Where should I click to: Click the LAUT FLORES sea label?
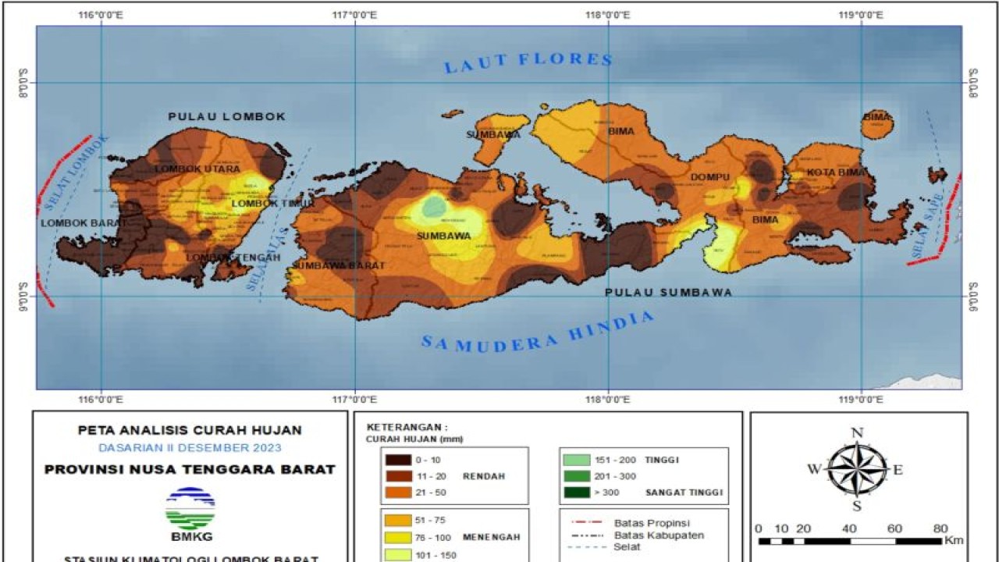pyautogui.click(x=528, y=62)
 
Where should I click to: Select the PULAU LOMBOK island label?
pyautogui.click(x=227, y=116)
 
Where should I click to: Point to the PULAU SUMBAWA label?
pyautogui.click(x=669, y=292)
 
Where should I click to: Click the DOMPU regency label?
pyautogui.click(x=709, y=177)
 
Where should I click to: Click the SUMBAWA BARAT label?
pyautogui.click(x=339, y=265)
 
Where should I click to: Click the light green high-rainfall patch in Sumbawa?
pyautogui.click(x=434, y=207)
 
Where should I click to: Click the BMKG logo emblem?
pyautogui.click(x=190, y=508)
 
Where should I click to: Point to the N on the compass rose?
pyautogui.click(x=857, y=433)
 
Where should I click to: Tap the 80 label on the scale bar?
pyautogui.click(x=940, y=528)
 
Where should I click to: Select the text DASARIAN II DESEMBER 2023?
pyautogui.click(x=190, y=447)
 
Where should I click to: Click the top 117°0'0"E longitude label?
pyautogui.click(x=355, y=15)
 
